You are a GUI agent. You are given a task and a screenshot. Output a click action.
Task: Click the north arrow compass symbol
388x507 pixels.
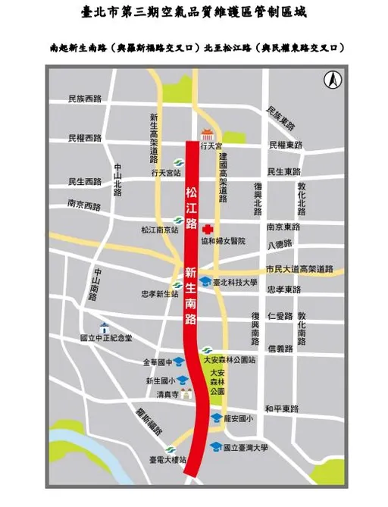click(x=331, y=79)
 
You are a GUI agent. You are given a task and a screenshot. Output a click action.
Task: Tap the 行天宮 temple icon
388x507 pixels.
click(x=199, y=133)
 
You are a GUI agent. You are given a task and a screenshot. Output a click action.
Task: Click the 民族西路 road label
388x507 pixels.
click(x=83, y=99)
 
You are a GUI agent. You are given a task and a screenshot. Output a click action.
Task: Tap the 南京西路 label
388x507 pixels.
click(x=83, y=204)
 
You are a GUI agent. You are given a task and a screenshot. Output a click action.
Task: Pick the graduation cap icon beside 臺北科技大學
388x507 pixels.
click(x=204, y=281)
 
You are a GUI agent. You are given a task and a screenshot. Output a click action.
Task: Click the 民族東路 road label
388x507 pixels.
click(x=282, y=116)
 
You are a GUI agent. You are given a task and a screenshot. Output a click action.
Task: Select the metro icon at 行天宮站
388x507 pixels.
click(x=168, y=161)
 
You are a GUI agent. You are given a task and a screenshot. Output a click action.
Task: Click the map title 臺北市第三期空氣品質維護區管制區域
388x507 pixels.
click(x=193, y=13)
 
